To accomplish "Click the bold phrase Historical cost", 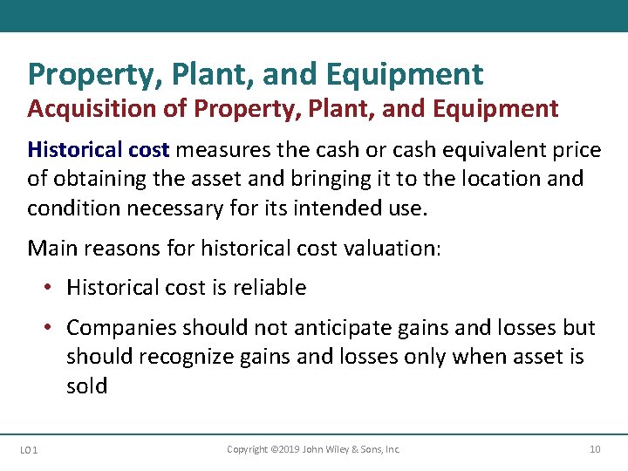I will point(99,150).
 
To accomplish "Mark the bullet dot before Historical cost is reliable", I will point(51,288).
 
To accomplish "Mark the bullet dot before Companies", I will point(51,328).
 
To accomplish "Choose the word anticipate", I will point(305,328).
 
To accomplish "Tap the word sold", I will point(86,386).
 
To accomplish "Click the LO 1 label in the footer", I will point(27,449).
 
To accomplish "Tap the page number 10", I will point(595,449).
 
